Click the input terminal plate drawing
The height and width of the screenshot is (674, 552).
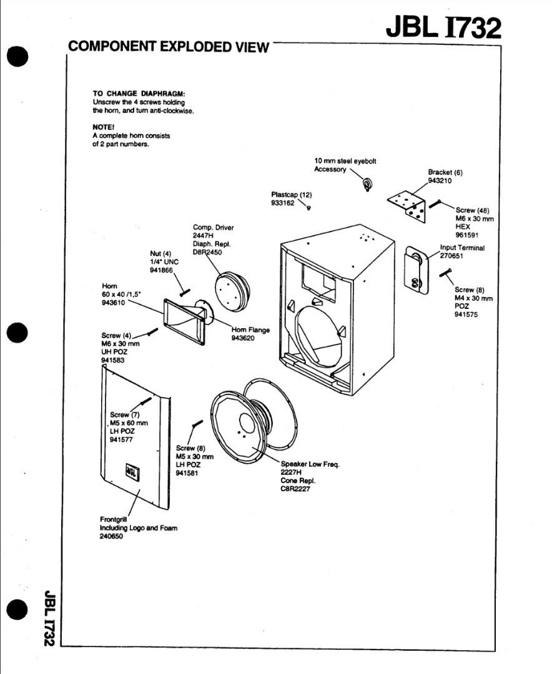(x=415, y=269)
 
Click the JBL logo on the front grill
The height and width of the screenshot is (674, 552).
(x=134, y=469)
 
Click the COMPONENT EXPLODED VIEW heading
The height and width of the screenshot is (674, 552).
(x=168, y=47)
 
